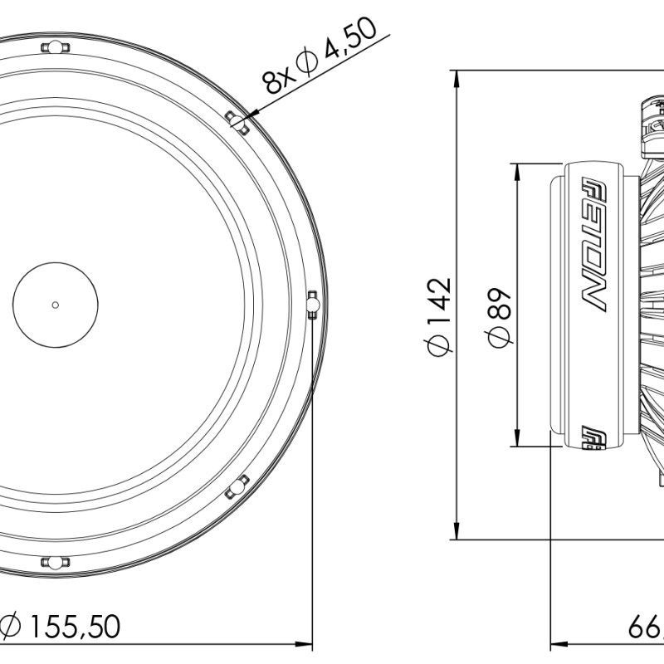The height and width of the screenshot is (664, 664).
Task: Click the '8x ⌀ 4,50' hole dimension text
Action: [x=320, y=56]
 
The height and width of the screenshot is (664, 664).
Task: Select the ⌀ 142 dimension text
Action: [x=439, y=315]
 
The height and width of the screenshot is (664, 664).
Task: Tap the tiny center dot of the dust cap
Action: [x=55, y=305]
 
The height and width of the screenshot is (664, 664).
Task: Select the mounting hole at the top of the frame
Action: [x=55, y=48]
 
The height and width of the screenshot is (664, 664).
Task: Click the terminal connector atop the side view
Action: [x=652, y=124]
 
